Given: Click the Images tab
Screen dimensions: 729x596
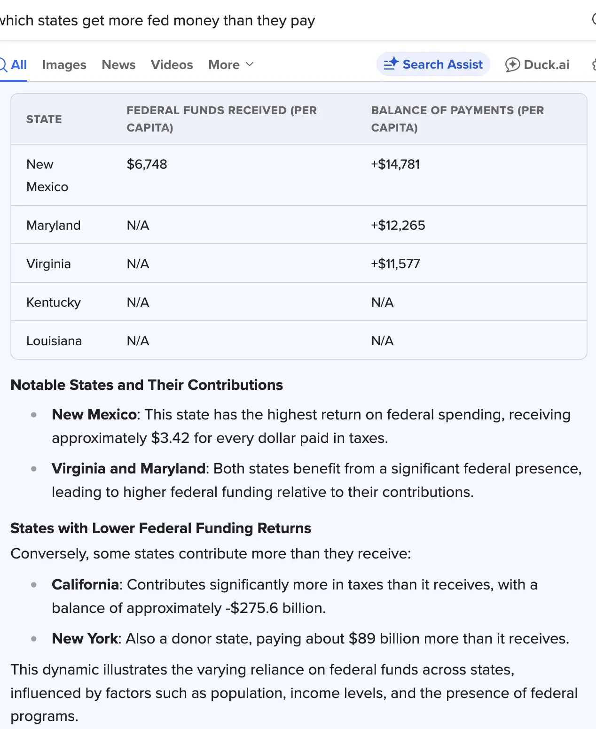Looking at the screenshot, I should (64, 65).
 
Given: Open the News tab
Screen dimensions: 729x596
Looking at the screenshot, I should (118, 65).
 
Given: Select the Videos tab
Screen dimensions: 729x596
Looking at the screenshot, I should (172, 65).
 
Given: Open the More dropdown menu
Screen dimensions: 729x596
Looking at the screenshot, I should (231, 65).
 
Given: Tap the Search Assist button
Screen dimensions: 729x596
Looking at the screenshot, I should (433, 64).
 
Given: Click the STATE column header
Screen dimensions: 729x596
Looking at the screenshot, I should (44, 119).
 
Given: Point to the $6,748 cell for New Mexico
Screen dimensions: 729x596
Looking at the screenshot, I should (147, 164).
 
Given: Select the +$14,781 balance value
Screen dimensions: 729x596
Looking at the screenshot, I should (395, 164).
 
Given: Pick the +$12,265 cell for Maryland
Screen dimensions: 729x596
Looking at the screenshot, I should (398, 225).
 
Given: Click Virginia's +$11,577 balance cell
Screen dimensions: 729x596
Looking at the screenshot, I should (395, 264).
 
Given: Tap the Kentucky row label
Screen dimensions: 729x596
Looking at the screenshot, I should (54, 302).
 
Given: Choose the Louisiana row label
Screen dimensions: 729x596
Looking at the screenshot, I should (54, 341).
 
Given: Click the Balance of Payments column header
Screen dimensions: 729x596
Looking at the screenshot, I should (457, 119).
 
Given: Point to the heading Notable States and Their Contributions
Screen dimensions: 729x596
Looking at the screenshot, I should (147, 385).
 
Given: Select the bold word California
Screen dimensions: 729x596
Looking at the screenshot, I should (85, 585).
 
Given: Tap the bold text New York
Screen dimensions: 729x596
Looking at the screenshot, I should (85, 639).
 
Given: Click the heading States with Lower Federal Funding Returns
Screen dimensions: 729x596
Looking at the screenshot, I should (161, 528).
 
